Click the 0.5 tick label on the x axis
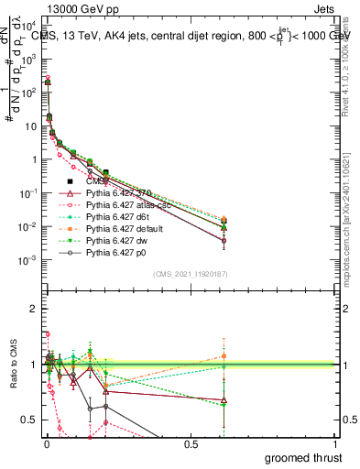[191, 445]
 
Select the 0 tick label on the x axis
[46, 445]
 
